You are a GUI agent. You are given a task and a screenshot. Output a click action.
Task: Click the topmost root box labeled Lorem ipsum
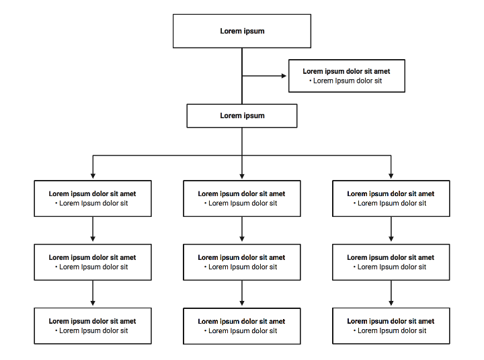242,31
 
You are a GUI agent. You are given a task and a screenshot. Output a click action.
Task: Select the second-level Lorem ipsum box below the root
242,116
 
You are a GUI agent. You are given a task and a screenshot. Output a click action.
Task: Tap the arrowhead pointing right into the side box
284,76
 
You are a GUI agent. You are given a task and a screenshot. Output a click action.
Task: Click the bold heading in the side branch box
346,71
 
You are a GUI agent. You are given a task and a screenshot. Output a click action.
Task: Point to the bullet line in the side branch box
346,81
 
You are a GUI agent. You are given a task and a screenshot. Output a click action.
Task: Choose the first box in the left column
93,198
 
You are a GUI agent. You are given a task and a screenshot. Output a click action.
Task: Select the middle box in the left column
93,262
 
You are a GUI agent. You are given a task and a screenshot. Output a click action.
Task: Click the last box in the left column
93,326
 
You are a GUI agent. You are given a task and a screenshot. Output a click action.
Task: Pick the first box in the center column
242,198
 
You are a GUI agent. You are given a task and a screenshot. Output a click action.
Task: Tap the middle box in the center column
242,262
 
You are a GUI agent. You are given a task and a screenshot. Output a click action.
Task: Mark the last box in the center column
242,326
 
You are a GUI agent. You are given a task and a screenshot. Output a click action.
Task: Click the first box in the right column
391,198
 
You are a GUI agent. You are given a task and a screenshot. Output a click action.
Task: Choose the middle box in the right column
391,262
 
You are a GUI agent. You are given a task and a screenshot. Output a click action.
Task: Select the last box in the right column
391,326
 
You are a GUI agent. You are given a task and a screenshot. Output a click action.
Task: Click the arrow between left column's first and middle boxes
93,230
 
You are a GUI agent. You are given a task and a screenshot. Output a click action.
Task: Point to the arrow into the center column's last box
242,294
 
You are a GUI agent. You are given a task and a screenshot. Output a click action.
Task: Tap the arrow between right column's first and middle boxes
391,230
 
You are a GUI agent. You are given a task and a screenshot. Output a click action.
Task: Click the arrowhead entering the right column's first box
391,176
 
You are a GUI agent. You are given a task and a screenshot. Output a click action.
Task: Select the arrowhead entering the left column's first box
93,176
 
